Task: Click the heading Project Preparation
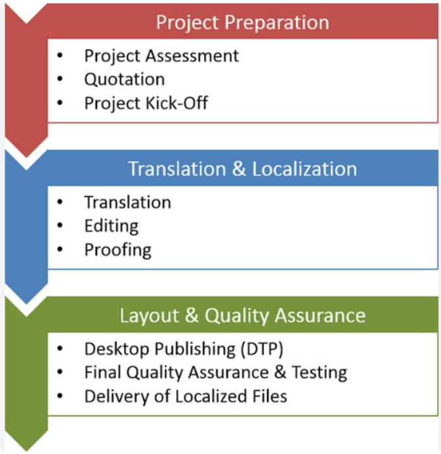coord(242,22)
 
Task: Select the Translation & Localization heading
coord(242,169)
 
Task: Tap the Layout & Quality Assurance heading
coord(242,315)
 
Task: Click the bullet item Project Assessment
coord(161,56)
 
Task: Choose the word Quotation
coord(124,79)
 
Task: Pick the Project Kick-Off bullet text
coord(146,103)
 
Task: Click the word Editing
coord(111,226)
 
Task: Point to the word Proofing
coord(117,250)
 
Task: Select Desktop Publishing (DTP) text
coord(184,349)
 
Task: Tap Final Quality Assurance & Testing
coord(215,373)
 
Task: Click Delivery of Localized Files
coord(185,396)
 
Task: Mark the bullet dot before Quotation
coord(60,79)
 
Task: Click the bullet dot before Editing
coord(60,226)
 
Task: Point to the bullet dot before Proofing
coord(60,250)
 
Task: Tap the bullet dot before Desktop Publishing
coord(60,349)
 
